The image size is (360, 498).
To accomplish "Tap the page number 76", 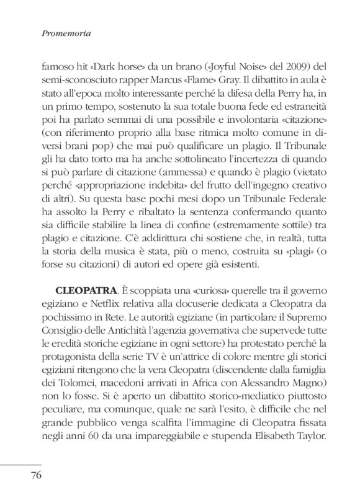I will pos(32,476).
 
